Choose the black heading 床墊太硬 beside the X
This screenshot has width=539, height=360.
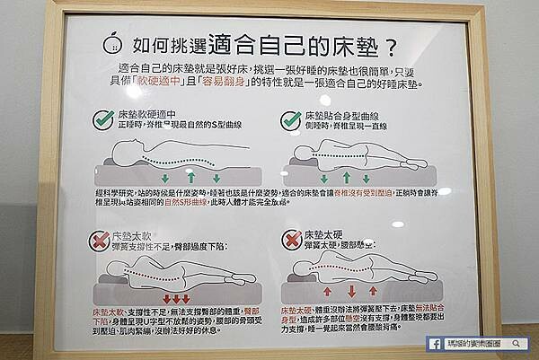pos(328,233)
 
